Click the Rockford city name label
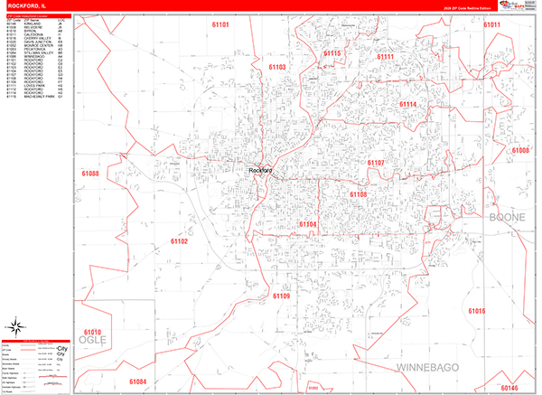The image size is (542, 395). [x=260, y=171]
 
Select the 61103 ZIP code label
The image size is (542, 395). [x=277, y=67]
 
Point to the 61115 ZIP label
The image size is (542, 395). [x=332, y=54]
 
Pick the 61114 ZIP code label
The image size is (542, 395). [x=408, y=105]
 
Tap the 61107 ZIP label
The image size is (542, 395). [x=376, y=163]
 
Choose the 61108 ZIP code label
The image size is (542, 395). [x=359, y=194]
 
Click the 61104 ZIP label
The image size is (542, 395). [x=308, y=224]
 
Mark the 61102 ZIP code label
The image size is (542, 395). [x=179, y=241]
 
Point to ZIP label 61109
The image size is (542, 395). [x=281, y=296]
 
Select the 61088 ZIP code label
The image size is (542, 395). [x=90, y=173]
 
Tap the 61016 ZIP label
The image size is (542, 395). [x=477, y=311]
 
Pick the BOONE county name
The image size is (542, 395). [x=507, y=218]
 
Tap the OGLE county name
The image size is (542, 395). [x=93, y=340]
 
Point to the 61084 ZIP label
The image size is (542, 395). [x=137, y=381]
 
